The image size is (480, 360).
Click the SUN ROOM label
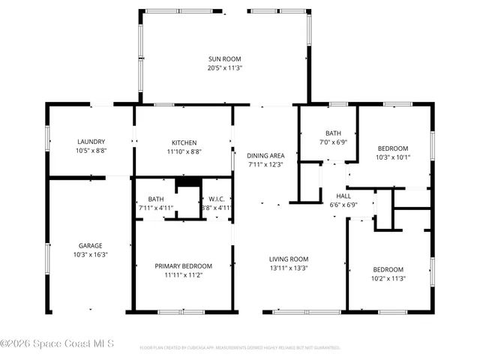225,58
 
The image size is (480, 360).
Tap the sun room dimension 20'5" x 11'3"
225,67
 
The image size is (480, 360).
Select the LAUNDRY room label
91,142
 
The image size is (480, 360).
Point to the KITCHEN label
184,142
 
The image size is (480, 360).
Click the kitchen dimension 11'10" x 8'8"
184,151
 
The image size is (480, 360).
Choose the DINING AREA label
266,156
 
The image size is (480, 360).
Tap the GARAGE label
91,245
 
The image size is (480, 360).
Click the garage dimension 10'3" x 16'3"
91,254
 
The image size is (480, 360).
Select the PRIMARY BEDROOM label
184,265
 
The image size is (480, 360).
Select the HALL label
343,195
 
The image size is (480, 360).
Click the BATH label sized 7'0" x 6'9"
333,133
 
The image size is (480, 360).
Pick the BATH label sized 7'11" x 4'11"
156,199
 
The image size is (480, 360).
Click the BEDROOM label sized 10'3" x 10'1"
393,148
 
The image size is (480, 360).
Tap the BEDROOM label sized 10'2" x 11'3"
388,269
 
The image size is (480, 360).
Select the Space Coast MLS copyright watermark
57,344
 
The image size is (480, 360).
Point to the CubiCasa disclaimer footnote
240,348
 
